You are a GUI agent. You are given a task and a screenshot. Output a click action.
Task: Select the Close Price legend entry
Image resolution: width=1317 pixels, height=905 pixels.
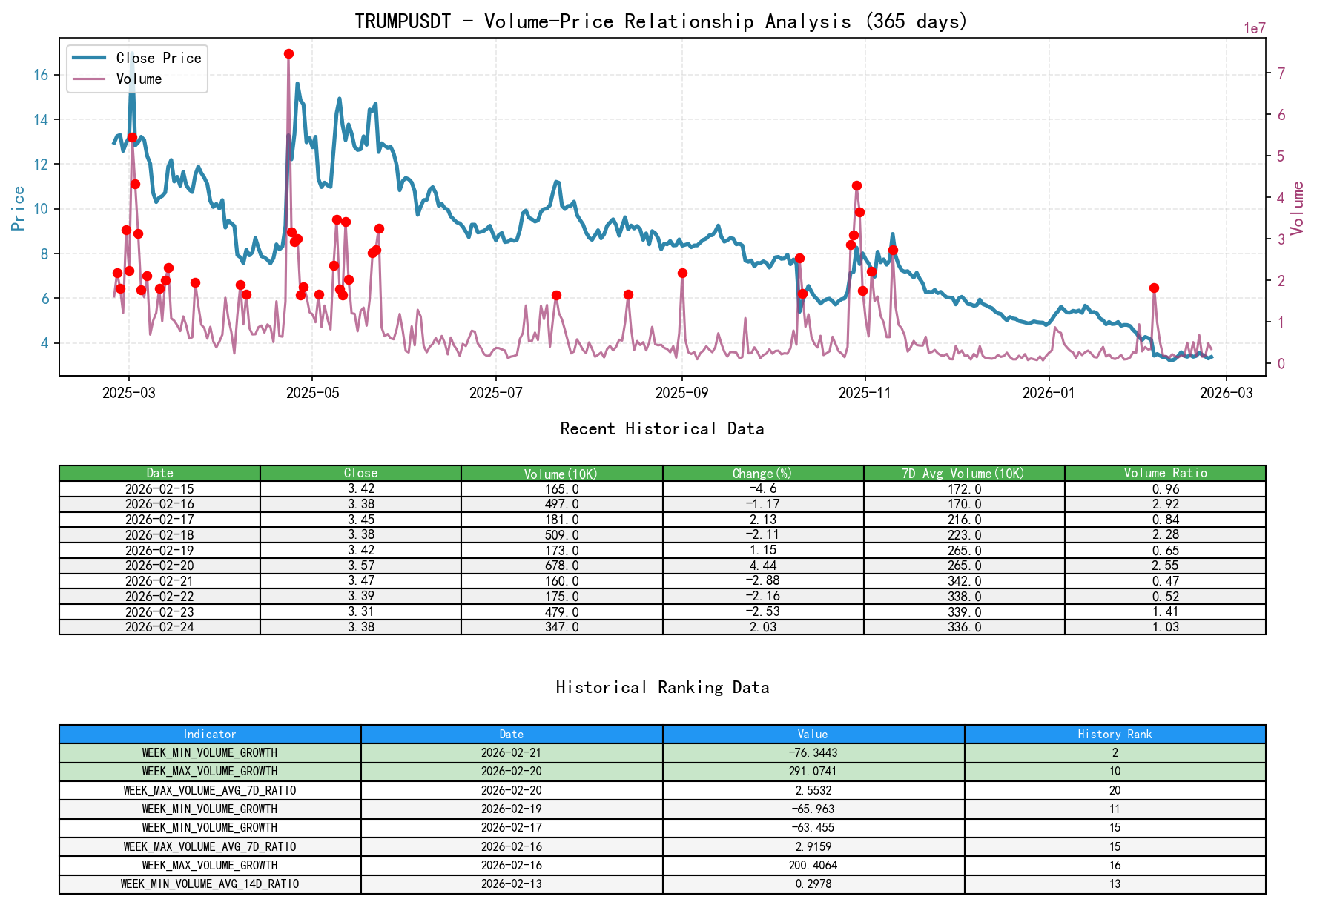tap(158, 59)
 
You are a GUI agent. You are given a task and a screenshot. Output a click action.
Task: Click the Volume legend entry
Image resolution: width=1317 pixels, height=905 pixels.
tap(139, 79)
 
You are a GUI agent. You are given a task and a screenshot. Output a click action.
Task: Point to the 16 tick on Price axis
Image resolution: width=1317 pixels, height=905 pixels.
tap(41, 75)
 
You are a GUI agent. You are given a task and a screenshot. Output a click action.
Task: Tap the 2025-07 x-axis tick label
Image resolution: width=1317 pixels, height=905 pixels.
tap(495, 393)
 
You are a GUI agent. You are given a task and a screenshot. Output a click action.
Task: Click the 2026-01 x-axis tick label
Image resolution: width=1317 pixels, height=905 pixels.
tap(1049, 393)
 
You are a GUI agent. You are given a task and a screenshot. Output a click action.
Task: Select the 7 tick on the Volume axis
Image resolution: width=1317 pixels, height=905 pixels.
tap(1281, 73)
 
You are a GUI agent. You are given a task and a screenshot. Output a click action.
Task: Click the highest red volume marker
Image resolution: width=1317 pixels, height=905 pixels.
tap(288, 53)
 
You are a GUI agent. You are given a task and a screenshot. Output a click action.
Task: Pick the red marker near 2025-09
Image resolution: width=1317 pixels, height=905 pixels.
tap(682, 273)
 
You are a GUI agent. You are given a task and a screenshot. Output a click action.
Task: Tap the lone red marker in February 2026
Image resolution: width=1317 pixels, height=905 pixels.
tap(1154, 288)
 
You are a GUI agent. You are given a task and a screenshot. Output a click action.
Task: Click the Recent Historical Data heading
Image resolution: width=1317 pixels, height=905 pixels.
tap(661, 428)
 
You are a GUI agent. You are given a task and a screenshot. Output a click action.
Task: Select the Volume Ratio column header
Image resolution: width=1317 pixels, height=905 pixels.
tap(1165, 474)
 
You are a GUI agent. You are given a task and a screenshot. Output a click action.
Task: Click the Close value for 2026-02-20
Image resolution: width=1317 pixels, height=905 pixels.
tap(360, 566)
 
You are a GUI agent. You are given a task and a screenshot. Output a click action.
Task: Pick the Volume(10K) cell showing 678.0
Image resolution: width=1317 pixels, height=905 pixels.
tap(561, 566)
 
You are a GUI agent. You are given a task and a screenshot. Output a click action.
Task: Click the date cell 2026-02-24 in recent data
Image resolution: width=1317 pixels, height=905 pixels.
tap(159, 627)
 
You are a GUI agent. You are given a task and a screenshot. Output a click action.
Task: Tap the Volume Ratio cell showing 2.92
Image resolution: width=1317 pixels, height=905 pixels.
tap(1165, 504)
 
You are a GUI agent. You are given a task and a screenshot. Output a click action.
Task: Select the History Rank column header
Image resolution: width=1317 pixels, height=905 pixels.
tap(1115, 734)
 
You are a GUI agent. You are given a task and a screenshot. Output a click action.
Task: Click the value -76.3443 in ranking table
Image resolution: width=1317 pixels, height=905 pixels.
tap(813, 752)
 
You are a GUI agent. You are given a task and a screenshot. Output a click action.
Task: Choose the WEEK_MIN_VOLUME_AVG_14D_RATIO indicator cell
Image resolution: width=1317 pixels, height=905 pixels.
tap(210, 884)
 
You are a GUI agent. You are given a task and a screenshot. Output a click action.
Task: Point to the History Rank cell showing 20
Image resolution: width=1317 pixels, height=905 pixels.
tap(1115, 790)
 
